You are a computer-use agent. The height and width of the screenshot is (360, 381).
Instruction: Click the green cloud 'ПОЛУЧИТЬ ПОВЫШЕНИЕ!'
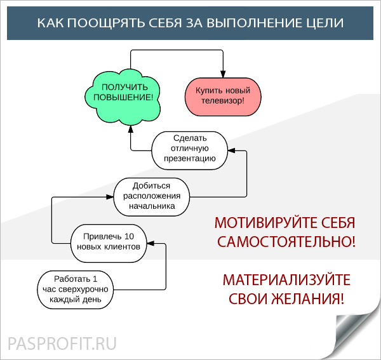(x=123, y=97)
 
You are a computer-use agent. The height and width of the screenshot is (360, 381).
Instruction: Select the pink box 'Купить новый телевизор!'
(x=223, y=97)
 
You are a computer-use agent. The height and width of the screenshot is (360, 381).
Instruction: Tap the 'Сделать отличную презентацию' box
(x=190, y=150)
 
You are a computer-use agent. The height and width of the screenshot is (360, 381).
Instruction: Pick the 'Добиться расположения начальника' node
(x=152, y=197)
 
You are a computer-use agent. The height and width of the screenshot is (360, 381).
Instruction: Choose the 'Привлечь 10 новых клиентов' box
(x=109, y=243)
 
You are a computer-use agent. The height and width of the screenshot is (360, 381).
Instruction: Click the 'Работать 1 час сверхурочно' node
(x=76, y=290)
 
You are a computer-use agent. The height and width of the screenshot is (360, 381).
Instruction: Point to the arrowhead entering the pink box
(x=223, y=74)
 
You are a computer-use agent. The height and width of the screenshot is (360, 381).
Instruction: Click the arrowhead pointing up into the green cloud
(x=131, y=129)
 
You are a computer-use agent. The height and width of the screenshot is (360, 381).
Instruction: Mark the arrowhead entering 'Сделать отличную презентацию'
(x=232, y=150)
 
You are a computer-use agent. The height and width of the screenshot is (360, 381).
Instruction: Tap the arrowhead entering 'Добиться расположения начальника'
(x=110, y=197)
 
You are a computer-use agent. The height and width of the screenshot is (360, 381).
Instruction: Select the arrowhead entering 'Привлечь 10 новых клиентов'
(x=150, y=243)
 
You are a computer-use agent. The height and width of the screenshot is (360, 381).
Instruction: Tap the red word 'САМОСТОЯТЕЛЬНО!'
(x=286, y=242)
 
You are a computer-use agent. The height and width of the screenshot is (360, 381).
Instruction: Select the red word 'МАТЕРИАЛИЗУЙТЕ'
(x=286, y=279)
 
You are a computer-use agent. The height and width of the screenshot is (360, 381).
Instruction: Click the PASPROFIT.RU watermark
(x=62, y=343)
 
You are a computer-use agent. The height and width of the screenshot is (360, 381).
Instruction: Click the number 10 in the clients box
(x=130, y=236)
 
